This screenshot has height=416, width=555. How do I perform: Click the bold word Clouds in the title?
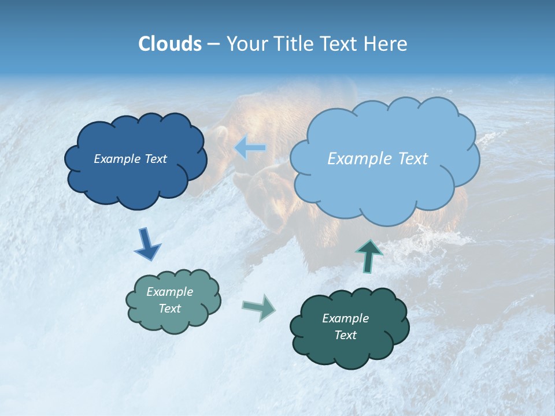(x=169, y=44)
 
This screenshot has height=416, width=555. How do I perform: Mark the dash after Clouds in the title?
(x=213, y=44)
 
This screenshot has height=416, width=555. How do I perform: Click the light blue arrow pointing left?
(x=250, y=148)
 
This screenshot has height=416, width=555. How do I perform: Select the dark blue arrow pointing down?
(x=146, y=244)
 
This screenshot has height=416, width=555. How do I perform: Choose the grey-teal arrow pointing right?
(x=259, y=307)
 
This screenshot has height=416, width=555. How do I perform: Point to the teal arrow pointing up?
(x=369, y=255)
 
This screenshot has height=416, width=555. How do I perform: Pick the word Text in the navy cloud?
(x=156, y=159)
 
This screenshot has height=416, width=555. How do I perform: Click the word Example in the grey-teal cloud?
(x=169, y=292)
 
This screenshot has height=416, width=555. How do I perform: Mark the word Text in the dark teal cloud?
(x=345, y=335)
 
